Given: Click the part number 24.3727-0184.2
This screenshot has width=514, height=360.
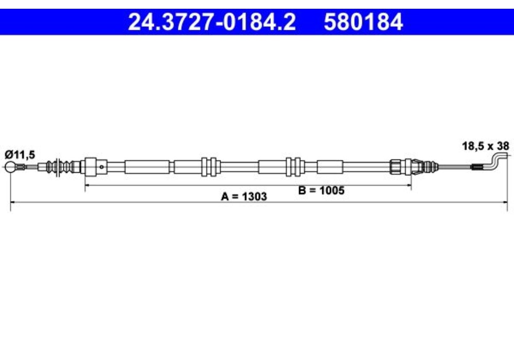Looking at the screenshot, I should coord(211,22).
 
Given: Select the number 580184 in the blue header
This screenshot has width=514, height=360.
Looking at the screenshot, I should coord(363,22).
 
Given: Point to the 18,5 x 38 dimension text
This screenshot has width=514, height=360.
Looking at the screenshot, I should coord(485,146).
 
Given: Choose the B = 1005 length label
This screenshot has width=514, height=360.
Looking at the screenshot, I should coord(321,191).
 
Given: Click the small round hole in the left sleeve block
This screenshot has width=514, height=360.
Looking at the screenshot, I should coord(103,166).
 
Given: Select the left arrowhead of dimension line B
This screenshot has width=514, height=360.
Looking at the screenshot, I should coord(87,184).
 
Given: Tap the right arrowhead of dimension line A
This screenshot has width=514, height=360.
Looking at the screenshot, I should coord(506,202).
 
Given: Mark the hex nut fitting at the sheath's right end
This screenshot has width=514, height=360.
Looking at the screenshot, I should coord(395,166).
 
